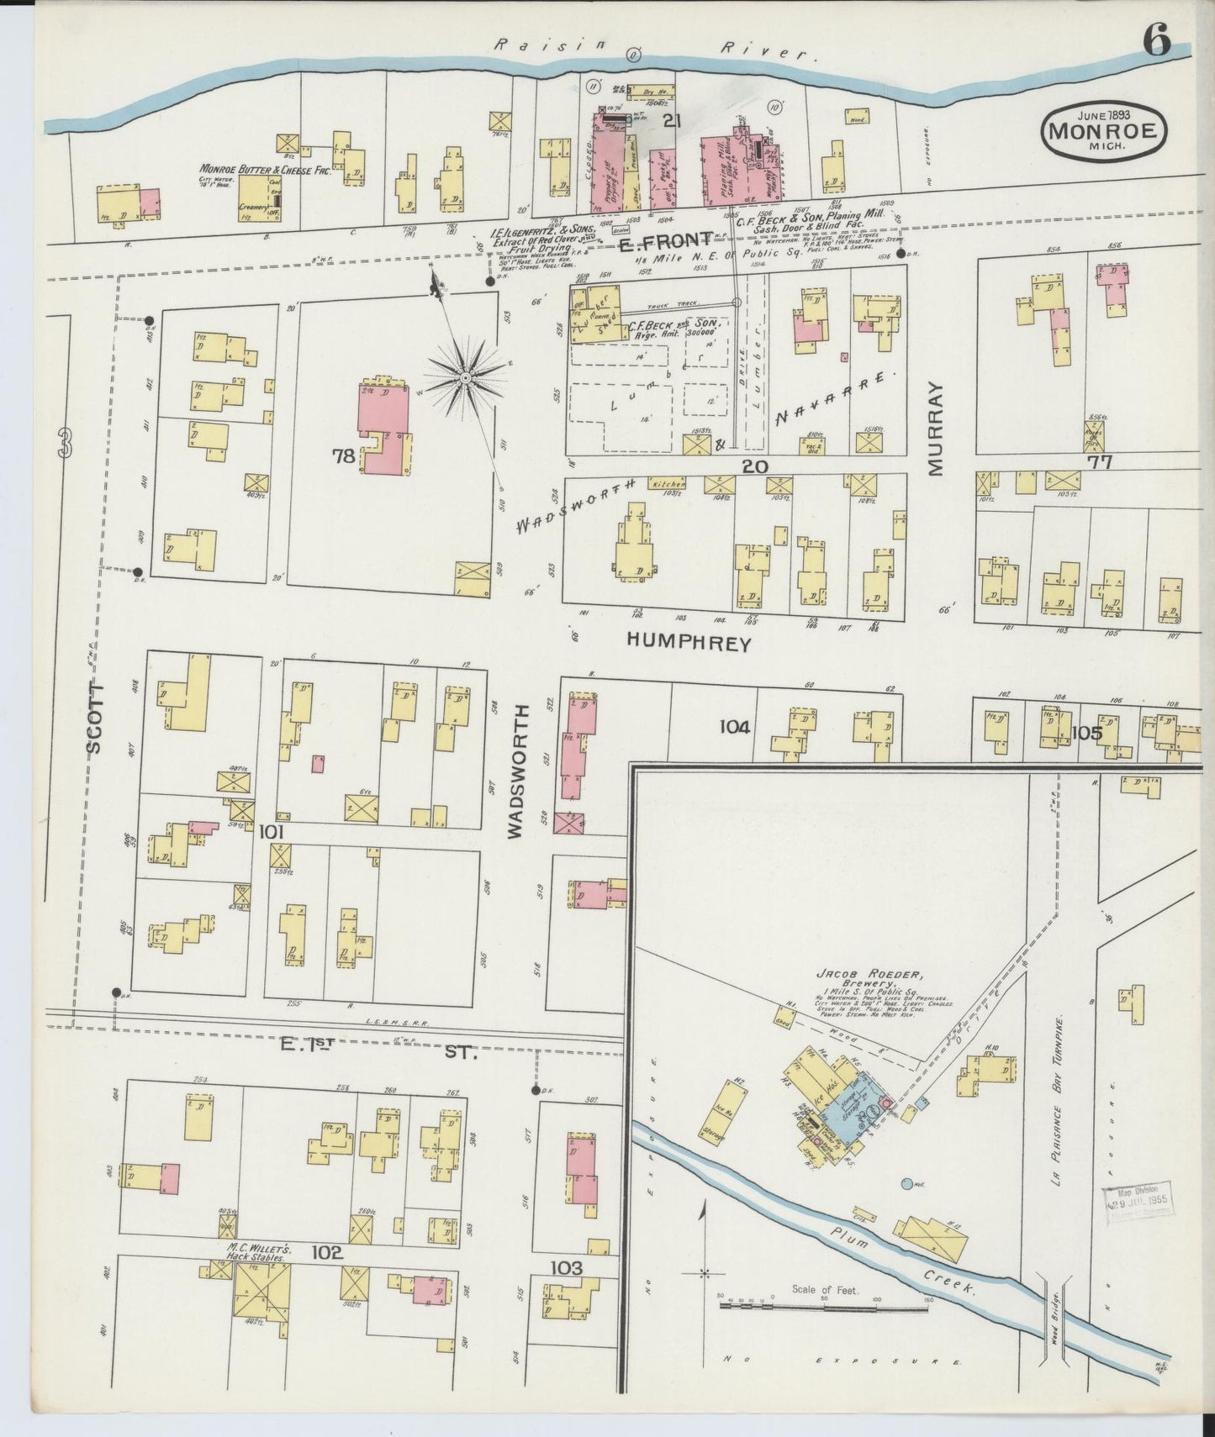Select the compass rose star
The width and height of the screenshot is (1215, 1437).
[x=463, y=378]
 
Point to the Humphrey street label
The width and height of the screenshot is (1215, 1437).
[x=688, y=642]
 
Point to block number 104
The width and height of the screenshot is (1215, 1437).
[x=734, y=727]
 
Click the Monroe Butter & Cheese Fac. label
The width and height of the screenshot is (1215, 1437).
[x=265, y=168]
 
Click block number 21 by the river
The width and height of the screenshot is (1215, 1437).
[x=670, y=121]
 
